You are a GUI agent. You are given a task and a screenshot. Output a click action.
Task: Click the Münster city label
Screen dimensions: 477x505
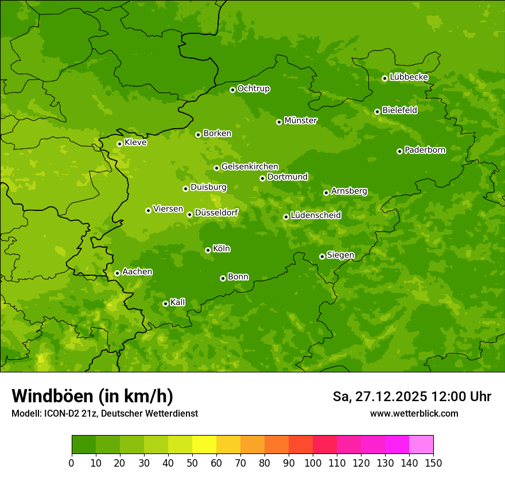[x=300, y=121]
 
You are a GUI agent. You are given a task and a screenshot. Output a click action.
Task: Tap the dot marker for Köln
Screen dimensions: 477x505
[x=208, y=250]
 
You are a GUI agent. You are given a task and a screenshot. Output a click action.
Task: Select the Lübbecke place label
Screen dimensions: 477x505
[x=409, y=77]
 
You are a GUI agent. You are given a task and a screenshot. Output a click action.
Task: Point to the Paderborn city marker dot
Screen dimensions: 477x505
[x=399, y=151]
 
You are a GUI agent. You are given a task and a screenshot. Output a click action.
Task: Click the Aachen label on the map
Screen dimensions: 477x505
[x=137, y=272]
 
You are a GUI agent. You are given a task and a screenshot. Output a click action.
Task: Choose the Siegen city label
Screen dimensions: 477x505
[x=340, y=255]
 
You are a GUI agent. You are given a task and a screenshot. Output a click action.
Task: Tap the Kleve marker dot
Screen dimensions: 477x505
[x=119, y=144]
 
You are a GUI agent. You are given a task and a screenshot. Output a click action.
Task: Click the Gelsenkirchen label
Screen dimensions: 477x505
[x=250, y=167]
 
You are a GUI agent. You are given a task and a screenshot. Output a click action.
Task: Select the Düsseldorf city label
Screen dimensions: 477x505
[x=216, y=213]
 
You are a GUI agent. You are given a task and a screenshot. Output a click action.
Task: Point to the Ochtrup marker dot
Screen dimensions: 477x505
[x=232, y=90]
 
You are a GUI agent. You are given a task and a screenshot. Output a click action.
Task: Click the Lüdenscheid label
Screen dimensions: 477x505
[x=316, y=216]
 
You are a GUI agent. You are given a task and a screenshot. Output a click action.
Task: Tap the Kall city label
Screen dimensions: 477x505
[x=178, y=302]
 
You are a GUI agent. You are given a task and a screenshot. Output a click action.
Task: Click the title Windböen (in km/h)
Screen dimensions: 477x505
[x=92, y=396]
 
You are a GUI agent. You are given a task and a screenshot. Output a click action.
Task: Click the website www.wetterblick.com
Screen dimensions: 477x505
[x=414, y=413]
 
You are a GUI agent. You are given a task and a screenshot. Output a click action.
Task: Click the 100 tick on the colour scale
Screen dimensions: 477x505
[x=313, y=463]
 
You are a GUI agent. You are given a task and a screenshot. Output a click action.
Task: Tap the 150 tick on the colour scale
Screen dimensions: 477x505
[x=433, y=463]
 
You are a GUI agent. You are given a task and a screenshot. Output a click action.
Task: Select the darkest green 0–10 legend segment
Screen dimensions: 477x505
[x=84, y=445]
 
